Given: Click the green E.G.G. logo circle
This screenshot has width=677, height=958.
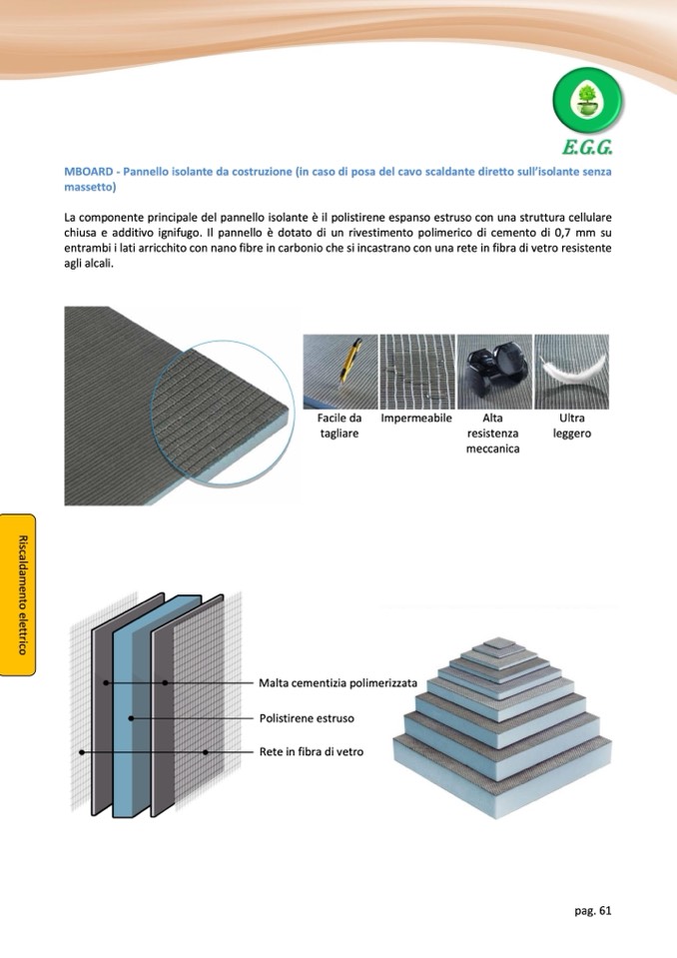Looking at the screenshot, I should [x=589, y=103].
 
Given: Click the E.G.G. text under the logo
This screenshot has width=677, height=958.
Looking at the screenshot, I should [x=587, y=149].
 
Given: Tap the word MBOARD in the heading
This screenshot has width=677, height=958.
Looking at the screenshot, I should [x=87, y=173].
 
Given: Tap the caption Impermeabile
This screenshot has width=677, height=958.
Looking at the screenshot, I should [x=416, y=418].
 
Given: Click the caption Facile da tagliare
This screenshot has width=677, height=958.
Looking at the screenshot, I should [x=339, y=426].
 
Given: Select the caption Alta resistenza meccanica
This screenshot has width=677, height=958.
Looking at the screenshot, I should [x=491, y=434].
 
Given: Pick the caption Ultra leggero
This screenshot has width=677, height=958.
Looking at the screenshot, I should [x=572, y=426].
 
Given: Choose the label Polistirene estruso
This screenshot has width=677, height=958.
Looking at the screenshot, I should [x=307, y=718].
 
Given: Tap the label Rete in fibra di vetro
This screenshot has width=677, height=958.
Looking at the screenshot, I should [x=312, y=751].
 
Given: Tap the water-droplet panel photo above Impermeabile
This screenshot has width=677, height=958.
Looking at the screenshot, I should [x=416, y=369].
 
